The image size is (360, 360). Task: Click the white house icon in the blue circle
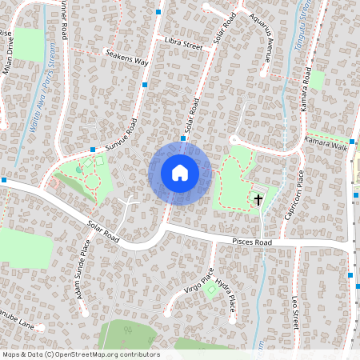coord(180,172)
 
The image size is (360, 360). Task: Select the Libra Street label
coord(183,43)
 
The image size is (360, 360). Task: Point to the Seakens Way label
coord(127,58)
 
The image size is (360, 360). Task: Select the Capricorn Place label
coord(290,193)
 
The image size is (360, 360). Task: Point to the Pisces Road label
coord(252,242)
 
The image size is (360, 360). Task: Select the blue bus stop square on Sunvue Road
coord(94,150)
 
